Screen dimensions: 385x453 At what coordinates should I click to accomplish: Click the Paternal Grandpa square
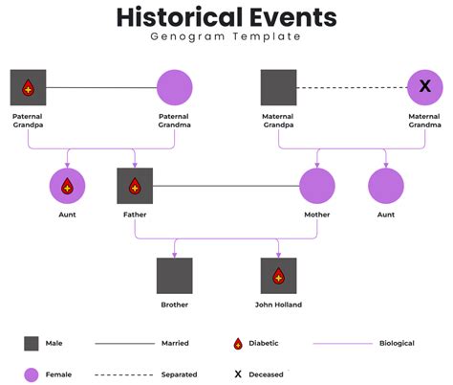(28, 88)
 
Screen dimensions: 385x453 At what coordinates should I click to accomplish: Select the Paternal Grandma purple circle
(174, 88)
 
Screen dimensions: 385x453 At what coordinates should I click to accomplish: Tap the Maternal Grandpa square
(278, 88)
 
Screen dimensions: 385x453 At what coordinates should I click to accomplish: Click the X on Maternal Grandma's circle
(424, 88)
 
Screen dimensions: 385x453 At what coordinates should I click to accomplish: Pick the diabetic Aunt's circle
(67, 186)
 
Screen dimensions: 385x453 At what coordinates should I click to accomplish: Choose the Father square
(135, 186)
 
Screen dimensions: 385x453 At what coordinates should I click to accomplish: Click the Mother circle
(317, 186)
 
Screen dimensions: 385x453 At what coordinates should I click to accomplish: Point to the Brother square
(174, 276)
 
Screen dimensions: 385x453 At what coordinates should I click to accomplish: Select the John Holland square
(278, 276)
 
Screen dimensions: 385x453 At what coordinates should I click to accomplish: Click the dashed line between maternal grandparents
(351, 88)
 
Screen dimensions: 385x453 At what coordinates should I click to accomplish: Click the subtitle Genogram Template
(226, 36)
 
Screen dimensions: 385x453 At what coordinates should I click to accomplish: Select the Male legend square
(32, 343)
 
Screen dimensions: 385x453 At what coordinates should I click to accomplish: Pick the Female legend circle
(32, 374)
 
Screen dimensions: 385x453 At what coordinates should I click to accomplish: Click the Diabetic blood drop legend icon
(237, 343)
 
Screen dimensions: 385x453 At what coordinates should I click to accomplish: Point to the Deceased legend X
(237, 374)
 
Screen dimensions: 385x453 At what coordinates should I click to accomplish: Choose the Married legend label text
(175, 343)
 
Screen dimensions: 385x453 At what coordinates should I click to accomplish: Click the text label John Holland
(278, 305)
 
